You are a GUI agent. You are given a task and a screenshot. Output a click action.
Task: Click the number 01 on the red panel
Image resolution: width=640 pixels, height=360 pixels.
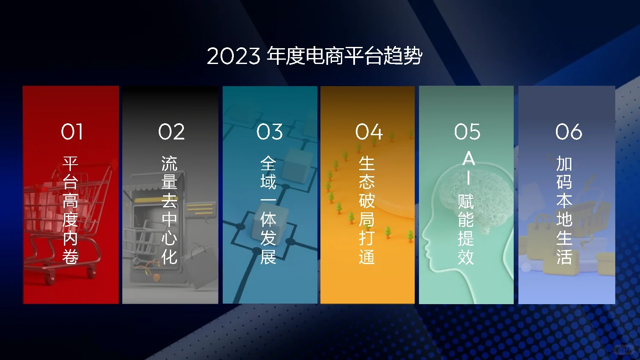coord(72,131)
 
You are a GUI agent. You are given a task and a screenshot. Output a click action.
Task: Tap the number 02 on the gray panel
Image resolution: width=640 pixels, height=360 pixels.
coord(172,131)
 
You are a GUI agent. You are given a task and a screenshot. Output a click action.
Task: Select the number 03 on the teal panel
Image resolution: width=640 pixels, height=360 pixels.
coord(270,131)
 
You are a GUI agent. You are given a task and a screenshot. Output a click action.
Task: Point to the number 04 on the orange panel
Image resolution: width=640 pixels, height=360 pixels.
coord(369,131)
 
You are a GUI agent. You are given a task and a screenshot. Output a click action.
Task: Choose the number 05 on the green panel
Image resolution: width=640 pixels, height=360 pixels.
coord(467,131)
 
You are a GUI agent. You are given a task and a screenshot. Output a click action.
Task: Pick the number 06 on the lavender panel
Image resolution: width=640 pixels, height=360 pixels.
coord(569,131)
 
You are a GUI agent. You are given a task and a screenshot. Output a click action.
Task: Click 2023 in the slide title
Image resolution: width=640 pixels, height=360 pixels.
coord(233,56)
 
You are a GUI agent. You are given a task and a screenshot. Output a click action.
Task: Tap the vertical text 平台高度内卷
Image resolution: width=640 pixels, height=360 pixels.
coord(70,210)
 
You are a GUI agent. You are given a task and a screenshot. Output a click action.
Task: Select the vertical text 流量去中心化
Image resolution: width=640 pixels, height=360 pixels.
coord(169,210)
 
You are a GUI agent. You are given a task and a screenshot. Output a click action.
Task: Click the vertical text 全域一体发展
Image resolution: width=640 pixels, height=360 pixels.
coord(268,210)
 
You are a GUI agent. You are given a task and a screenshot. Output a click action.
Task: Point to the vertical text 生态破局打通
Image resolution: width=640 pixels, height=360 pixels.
coord(367,210)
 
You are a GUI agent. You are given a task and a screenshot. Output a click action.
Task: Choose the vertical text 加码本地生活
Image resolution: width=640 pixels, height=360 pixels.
coord(564,210)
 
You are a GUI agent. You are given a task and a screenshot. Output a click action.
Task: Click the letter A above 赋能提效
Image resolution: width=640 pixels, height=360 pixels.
coord(468,159)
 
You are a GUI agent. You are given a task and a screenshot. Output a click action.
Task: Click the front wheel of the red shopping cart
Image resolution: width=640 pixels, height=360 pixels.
coord(50,280)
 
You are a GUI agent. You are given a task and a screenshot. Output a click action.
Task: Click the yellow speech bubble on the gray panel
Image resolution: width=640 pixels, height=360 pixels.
coord(200,210)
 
